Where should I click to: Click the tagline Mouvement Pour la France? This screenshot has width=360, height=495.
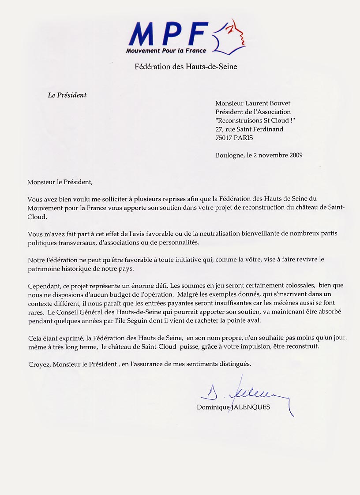coord(166,51)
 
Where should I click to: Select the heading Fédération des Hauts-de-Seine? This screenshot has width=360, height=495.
coord(186,67)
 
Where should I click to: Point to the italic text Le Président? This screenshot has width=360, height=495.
coord(67,95)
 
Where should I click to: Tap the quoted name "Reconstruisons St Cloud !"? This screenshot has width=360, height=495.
coord(255,120)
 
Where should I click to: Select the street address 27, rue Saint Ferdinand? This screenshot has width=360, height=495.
coord(249,129)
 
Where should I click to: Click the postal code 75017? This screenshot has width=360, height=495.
coord(224,138)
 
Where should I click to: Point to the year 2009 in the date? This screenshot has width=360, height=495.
coord(293,155)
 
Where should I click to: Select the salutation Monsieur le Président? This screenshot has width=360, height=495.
coord(61,181)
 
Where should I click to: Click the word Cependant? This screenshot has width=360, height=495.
coord(43,285)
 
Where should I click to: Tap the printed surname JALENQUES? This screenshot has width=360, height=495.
coord(251,407)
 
